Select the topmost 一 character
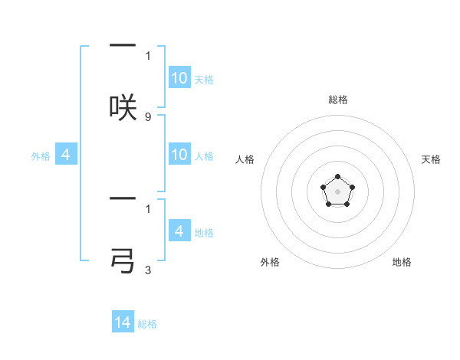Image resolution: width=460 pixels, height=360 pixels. click(123, 45)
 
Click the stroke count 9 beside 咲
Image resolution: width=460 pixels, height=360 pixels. click(148, 116)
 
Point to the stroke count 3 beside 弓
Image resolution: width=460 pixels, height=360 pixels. click(148, 270)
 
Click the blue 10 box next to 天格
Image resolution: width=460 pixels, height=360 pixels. click(179, 78)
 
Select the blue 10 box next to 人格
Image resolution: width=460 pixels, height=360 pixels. click(179, 155)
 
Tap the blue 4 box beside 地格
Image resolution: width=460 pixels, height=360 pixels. click(179, 231)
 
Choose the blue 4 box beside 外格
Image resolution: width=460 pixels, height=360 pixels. click(65, 155)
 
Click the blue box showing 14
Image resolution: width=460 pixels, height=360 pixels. click(123, 322)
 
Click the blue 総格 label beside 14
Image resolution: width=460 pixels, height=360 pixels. click(147, 324)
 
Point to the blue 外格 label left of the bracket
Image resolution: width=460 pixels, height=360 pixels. click(41, 156)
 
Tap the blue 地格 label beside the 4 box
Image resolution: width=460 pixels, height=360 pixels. click(204, 233)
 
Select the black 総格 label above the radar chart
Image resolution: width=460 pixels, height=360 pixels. click(337, 100)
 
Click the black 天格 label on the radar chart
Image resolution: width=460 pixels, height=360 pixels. click(431, 159)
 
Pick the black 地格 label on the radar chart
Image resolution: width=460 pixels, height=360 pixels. click(402, 262)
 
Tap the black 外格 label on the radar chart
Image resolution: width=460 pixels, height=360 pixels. click(270, 262)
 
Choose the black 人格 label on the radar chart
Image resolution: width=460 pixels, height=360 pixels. click(245, 159)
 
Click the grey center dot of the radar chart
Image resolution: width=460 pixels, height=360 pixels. click(337, 191)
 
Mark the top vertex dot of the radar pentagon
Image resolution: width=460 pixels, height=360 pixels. click(337, 177)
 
